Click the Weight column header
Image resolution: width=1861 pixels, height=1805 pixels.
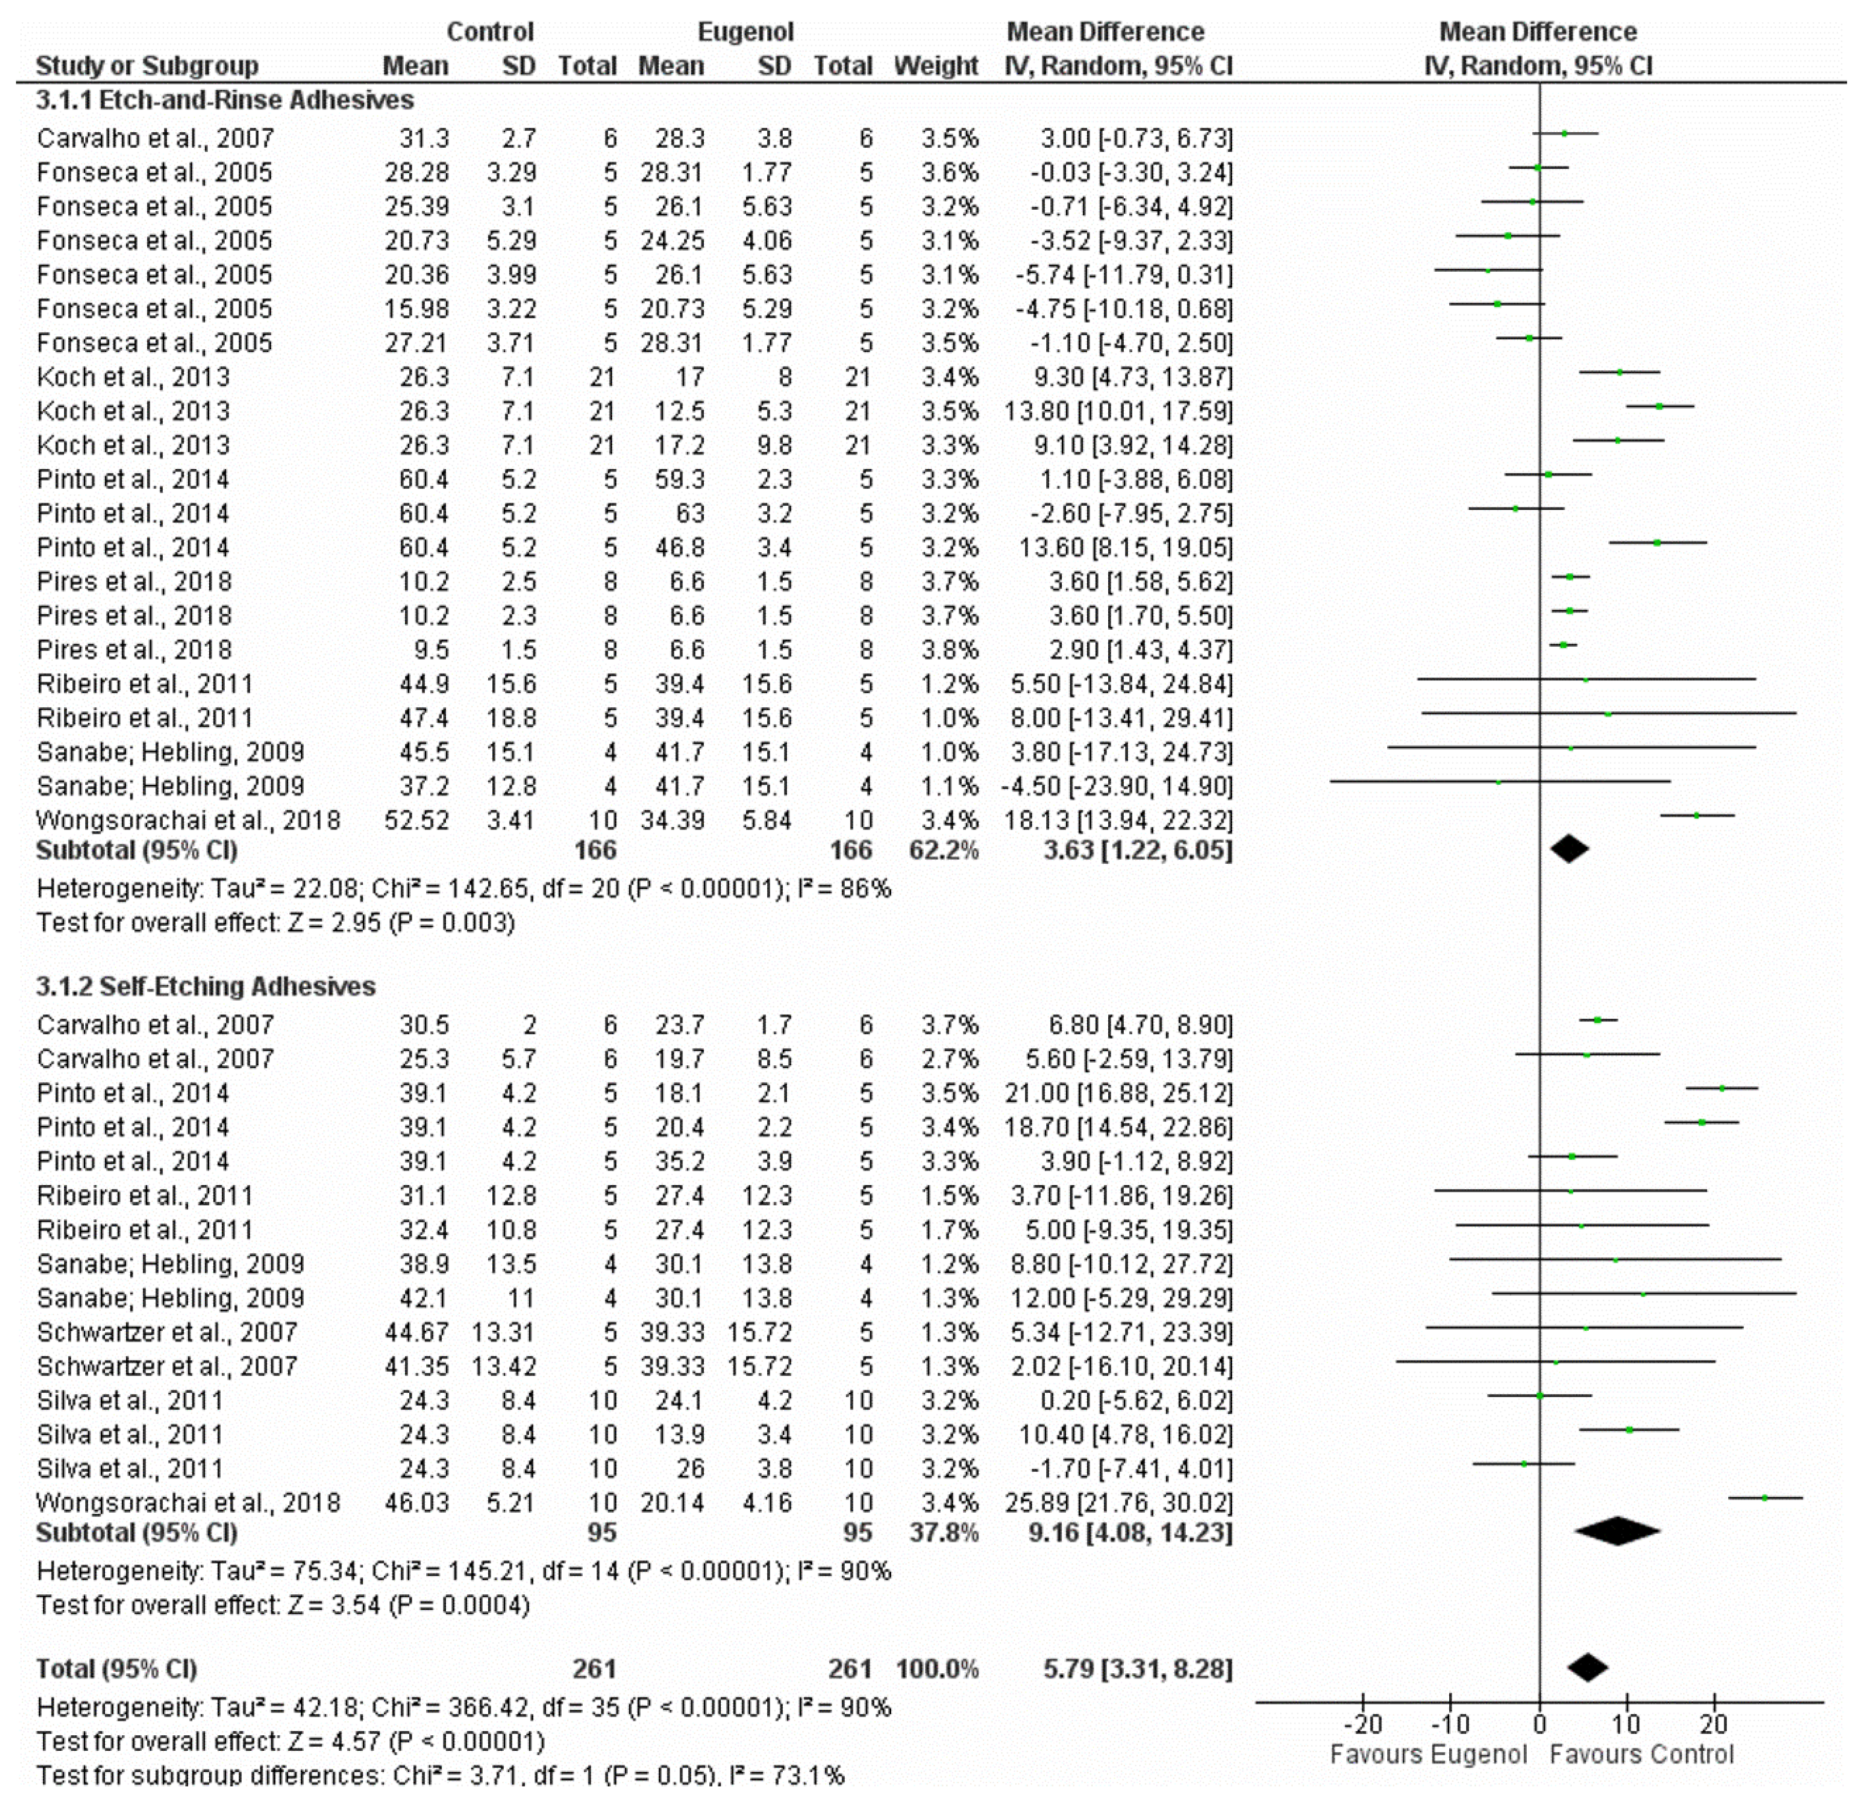[935, 66]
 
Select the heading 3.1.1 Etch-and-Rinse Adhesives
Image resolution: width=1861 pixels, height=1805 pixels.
[225, 100]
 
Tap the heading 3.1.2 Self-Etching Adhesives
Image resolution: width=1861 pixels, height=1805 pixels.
[206, 987]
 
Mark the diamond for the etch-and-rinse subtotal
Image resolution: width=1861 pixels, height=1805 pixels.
[1570, 849]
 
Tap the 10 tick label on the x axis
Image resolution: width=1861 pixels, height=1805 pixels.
[1626, 1724]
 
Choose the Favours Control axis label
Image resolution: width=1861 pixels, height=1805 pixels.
[1641, 1755]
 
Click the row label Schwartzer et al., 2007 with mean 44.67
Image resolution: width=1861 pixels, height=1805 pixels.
[167, 1332]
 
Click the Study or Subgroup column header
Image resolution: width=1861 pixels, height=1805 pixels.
[147, 66]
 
